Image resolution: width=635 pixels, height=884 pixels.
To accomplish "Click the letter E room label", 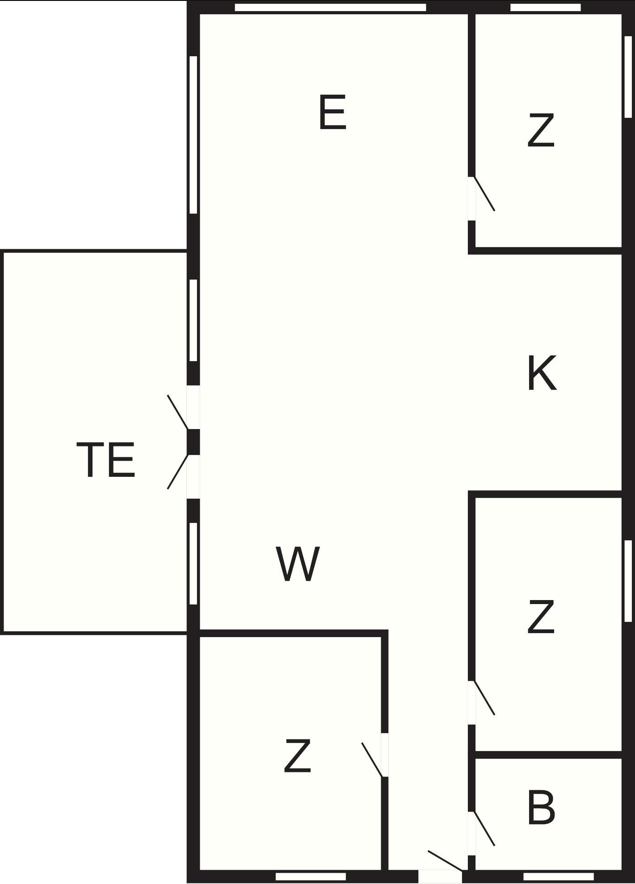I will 332,113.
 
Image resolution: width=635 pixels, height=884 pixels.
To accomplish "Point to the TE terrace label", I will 106,460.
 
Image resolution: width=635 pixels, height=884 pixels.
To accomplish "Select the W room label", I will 298,564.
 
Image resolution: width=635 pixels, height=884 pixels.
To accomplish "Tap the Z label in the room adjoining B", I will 541,617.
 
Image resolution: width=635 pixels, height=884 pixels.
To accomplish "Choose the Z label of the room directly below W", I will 297,756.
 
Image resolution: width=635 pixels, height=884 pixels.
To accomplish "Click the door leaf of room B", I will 484,828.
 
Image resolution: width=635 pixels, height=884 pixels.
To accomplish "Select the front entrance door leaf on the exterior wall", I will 445,860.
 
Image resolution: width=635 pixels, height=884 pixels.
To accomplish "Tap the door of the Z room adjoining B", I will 484,698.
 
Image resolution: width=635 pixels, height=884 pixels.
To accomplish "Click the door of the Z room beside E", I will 484,193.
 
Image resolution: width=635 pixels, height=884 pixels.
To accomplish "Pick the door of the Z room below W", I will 372,760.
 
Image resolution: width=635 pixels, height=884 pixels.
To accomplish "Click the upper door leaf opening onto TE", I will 177,412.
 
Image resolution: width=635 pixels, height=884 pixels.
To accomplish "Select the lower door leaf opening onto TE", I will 177,471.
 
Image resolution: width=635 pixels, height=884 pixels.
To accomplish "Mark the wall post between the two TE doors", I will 193,442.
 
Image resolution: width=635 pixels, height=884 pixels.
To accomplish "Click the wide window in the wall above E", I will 330,7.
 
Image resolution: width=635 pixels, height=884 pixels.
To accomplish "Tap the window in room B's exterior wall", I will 558,876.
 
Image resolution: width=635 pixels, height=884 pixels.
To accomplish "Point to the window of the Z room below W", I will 311,876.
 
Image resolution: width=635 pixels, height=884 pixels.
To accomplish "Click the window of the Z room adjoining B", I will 628,580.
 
